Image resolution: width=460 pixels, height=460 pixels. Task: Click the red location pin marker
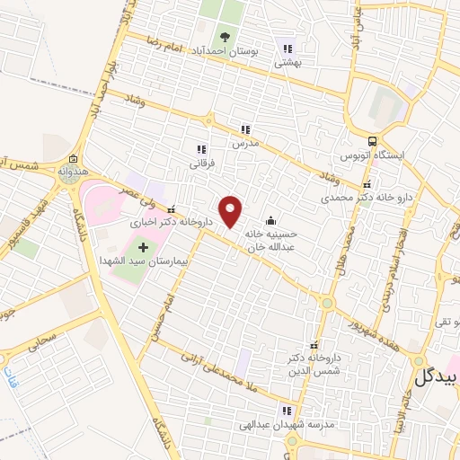pyautogui.click(x=232, y=210)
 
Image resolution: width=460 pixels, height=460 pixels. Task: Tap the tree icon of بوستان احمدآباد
pyautogui.click(x=225, y=36)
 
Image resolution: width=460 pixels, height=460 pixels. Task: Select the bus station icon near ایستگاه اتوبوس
pyautogui.click(x=372, y=140)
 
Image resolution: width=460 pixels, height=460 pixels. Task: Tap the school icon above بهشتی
pyautogui.click(x=287, y=49)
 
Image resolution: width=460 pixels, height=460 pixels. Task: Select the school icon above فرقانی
pyautogui.click(x=200, y=149)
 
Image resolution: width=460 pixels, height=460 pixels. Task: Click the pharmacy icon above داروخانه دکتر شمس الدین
pyautogui.click(x=314, y=346)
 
